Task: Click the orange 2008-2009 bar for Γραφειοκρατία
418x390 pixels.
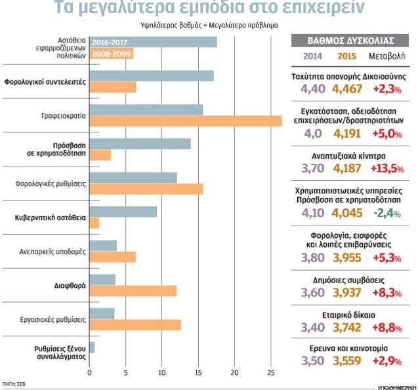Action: (185, 121)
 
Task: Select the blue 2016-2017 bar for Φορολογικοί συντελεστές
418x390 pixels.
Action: (151, 76)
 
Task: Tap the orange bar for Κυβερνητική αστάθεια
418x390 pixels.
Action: (94, 223)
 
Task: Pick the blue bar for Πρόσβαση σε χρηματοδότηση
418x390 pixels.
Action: (139, 144)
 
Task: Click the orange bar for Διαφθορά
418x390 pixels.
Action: (133, 291)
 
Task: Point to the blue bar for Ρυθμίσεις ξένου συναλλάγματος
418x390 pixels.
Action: (92, 347)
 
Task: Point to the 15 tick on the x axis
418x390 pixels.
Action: (198, 373)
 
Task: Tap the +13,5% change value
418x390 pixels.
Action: (386, 168)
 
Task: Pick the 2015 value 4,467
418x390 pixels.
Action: (347, 88)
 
